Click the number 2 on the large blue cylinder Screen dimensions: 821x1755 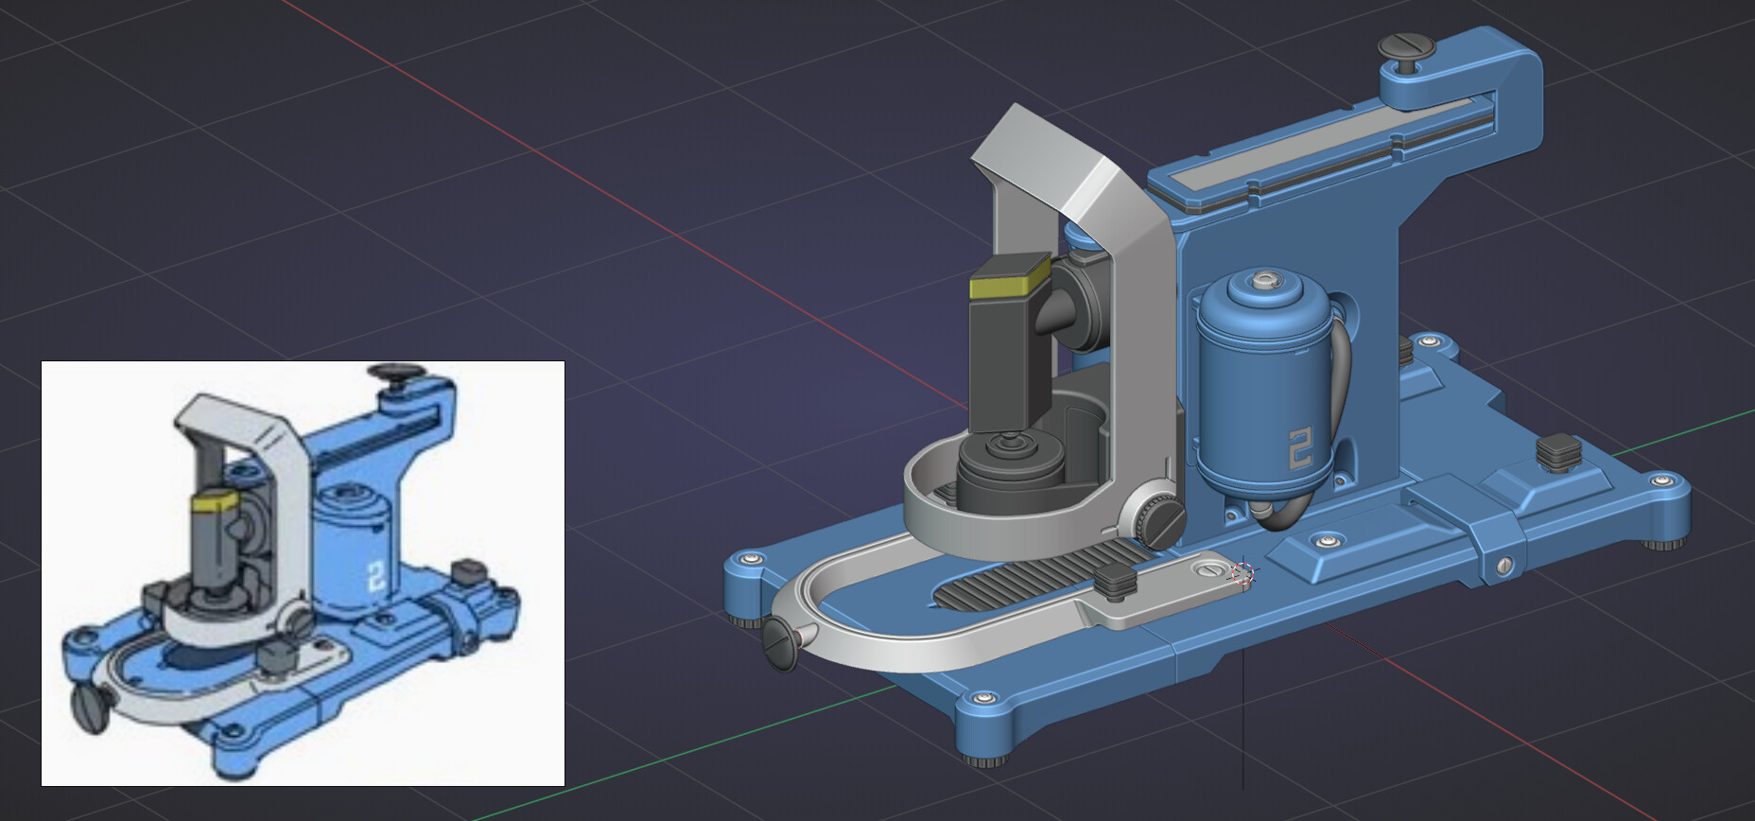pos(1301,447)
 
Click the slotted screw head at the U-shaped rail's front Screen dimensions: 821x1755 pos(782,644)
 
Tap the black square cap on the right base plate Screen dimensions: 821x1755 pos(1558,449)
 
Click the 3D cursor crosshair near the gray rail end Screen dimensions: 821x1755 pos(1242,574)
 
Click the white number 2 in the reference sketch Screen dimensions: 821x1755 pos(375,576)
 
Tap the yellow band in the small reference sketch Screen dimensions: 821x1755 pos(214,500)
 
